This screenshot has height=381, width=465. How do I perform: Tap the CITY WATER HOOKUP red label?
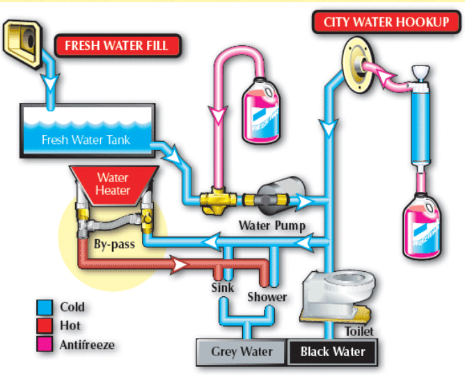pyautogui.click(x=386, y=22)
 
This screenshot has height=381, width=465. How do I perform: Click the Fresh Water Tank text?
pyautogui.click(x=86, y=139)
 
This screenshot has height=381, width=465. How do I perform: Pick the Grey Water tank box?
pyautogui.click(x=242, y=352)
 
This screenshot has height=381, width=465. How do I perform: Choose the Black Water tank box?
pyautogui.click(x=333, y=352)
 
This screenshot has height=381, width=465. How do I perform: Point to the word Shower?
pyautogui.click(x=267, y=297)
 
